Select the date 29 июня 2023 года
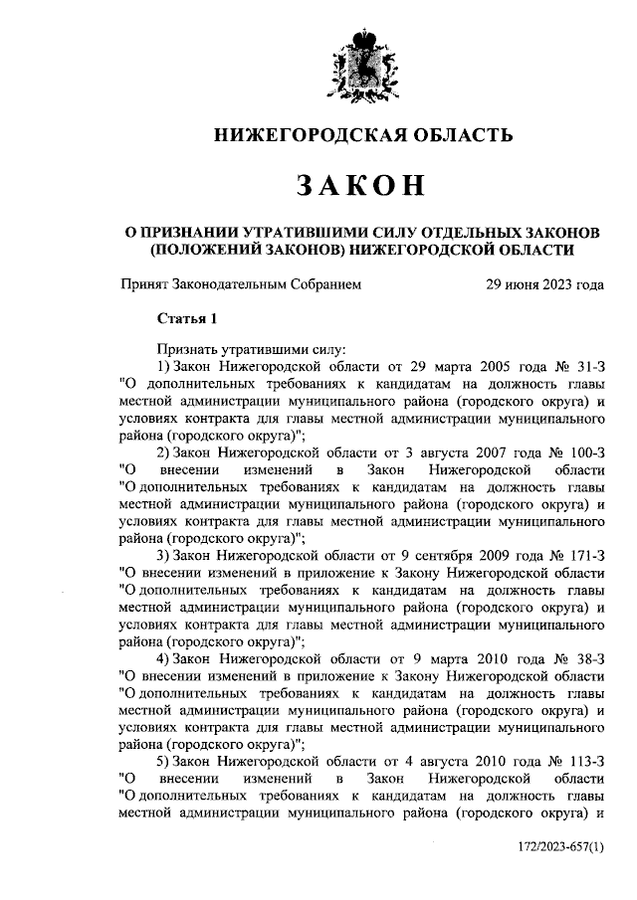click(543, 284)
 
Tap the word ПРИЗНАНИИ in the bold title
click(189, 232)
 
